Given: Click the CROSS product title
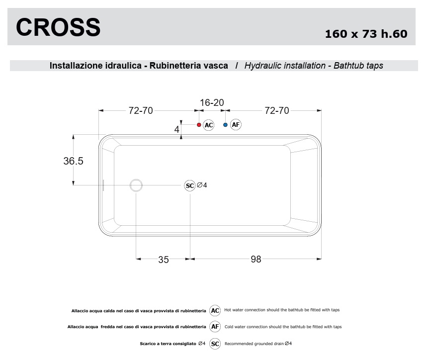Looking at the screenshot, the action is coord(58,27).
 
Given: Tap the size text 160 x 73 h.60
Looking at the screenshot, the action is coord(366,34).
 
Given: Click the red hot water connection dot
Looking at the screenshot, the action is coord(199,125).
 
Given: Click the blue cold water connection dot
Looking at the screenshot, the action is coord(225,125).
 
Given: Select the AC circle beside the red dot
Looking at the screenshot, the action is coord(208,125).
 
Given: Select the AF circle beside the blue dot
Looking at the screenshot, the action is coord(236,125).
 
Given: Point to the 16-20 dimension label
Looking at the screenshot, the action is coord(212,102).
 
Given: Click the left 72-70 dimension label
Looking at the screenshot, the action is coord(141,110).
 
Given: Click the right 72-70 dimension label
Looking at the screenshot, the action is coord(276,110).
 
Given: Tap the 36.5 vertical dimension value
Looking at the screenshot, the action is coord(74,161).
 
